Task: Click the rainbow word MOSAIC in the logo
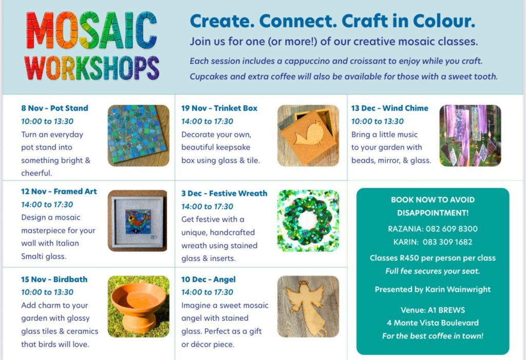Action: point(91,30)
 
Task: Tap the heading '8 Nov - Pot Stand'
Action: point(54,108)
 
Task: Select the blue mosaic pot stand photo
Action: point(138,135)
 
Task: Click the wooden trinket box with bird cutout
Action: point(308,135)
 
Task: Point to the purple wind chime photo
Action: point(471,135)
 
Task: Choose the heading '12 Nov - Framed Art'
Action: point(59,191)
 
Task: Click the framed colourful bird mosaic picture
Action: point(137,220)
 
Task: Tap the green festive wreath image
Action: point(308,220)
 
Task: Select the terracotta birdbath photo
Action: point(138,306)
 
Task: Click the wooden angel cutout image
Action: point(308,306)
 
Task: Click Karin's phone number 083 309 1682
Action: point(447,242)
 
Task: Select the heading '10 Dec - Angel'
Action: point(209,279)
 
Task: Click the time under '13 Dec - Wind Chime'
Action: point(378,121)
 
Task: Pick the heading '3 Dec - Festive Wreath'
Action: point(224,193)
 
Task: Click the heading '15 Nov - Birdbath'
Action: point(54,279)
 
